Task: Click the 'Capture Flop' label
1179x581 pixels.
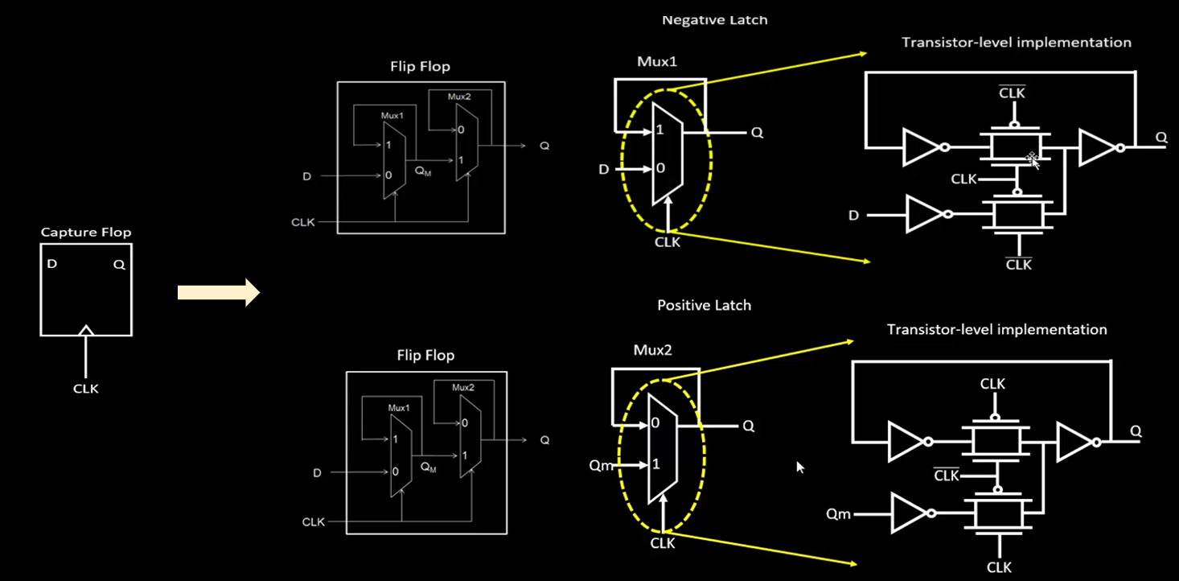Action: tap(86, 233)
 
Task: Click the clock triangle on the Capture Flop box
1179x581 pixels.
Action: tap(86, 330)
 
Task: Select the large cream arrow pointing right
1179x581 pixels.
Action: tap(219, 292)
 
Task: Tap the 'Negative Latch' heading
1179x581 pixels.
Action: tap(714, 20)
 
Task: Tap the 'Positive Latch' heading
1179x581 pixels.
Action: tap(705, 305)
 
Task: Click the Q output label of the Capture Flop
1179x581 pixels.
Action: tap(120, 265)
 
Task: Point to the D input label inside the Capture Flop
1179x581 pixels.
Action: tap(51, 263)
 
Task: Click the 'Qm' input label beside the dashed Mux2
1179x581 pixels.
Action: tap(601, 465)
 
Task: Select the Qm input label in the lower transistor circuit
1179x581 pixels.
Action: tap(839, 513)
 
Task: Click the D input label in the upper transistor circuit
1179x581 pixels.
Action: tap(854, 215)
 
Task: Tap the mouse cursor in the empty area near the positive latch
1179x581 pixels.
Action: tap(800, 468)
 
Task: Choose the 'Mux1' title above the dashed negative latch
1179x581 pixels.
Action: tap(657, 62)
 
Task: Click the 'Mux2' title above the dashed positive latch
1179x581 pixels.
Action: tap(653, 350)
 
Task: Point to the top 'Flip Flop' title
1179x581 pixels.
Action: tap(420, 66)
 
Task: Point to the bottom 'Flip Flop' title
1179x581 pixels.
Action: tap(425, 355)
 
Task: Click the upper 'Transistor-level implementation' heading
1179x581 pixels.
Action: tap(1017, 42)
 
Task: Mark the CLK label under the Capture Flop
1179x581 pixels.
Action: tap(86, 389)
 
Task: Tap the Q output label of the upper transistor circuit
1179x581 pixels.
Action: tap(1161, 138)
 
